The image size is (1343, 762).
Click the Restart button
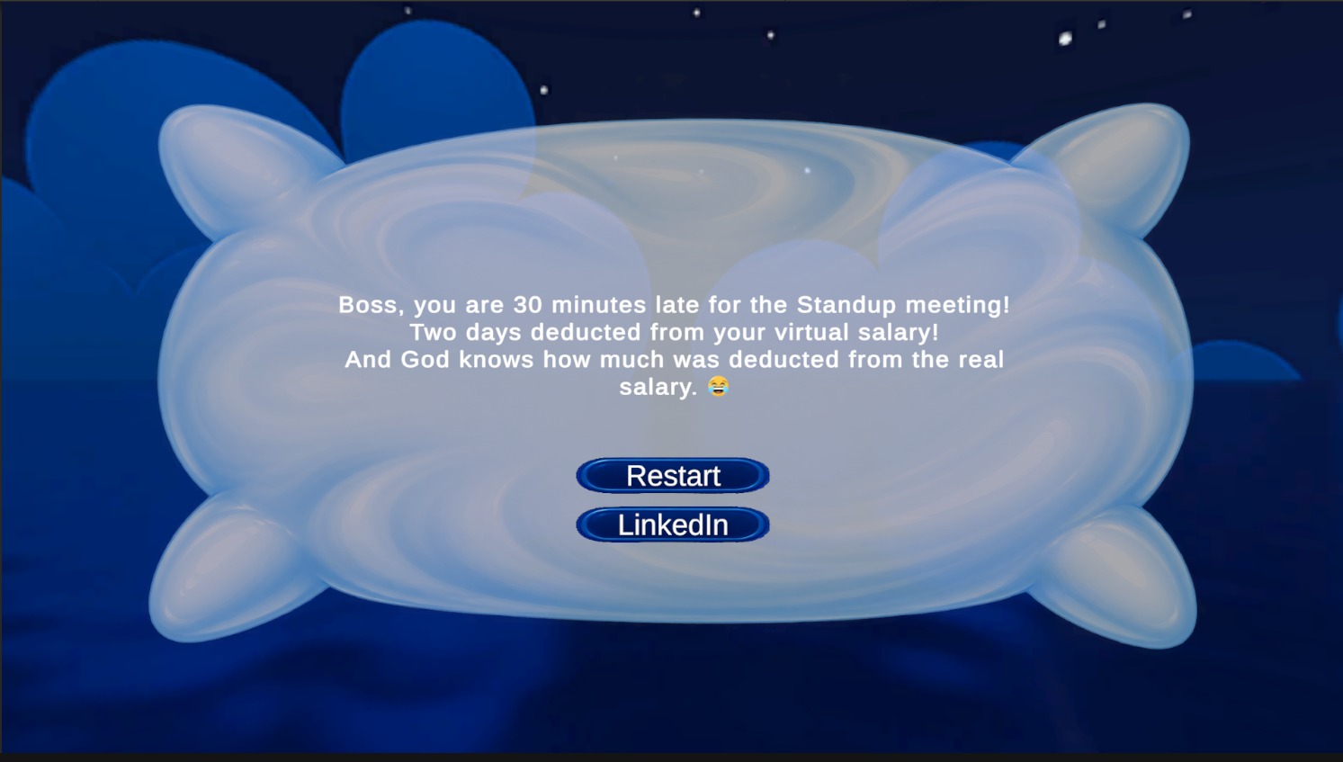673,475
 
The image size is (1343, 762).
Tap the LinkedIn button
673,524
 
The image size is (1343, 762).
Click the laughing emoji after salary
718,386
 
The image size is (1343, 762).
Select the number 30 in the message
528,305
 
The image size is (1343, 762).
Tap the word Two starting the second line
433,332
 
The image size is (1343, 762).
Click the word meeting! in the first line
957,306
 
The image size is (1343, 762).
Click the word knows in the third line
496,360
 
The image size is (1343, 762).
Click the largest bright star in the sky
1065,39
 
